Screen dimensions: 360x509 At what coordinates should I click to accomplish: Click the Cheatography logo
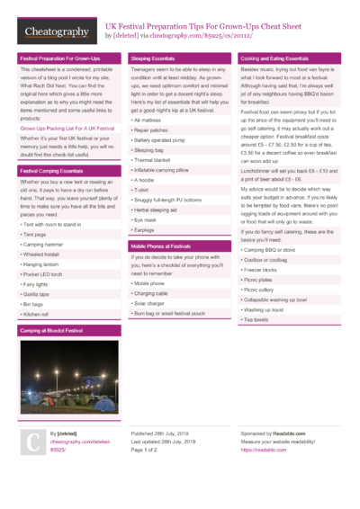point(57,31)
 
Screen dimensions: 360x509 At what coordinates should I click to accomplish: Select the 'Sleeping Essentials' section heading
point(153,58)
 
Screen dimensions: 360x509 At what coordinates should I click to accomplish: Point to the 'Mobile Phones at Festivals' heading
point(161,246)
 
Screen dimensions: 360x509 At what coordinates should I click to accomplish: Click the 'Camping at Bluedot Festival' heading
point(52,331)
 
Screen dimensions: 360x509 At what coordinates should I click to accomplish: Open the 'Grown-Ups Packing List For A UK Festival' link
point(67,129)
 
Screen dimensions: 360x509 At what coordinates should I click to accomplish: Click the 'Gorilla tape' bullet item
point(37,294)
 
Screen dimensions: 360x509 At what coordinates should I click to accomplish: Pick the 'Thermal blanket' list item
point(154,160)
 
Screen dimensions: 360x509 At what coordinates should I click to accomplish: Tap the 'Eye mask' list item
point(146,219)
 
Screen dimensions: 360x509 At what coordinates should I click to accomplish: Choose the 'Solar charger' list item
point(150,303)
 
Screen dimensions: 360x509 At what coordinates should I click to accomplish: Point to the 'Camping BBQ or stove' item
point(269,250)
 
